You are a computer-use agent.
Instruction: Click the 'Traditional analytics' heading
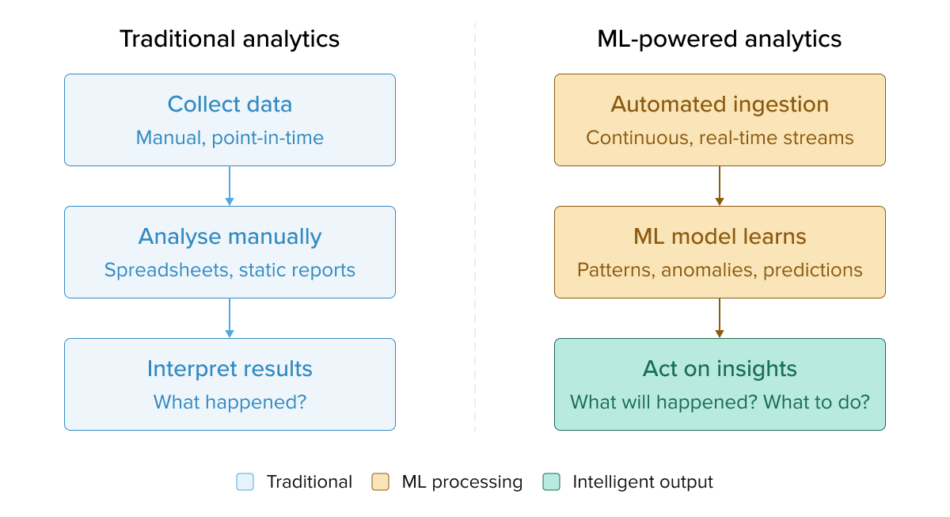(230, 39)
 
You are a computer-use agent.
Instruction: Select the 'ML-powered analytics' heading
(720, 39)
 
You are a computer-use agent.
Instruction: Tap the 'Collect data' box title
(230, 105)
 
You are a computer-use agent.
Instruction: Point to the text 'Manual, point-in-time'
(230, 138)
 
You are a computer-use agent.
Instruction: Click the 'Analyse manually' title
(230, 237)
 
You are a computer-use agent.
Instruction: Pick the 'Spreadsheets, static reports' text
(230, 270)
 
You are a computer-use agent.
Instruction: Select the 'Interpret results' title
(230, 369)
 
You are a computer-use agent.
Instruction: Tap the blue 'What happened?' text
(230, 402)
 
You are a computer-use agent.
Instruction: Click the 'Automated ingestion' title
(720, 105)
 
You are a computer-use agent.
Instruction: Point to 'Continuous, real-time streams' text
(720, 138)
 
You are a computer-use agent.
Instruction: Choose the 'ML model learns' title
(720, 237)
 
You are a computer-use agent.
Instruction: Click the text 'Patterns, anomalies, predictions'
(720, 270)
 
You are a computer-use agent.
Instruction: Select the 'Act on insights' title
(720, 369)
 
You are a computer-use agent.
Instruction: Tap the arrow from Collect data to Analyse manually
(230, 186)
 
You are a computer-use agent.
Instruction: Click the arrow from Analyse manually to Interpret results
(230, 318)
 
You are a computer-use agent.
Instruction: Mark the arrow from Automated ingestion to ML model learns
(720, 186)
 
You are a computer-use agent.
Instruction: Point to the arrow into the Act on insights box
(720, 318)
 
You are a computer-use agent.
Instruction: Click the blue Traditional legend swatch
(245, 482)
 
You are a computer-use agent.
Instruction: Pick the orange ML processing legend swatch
(381, 482)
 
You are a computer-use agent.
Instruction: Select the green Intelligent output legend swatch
(551, 482)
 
